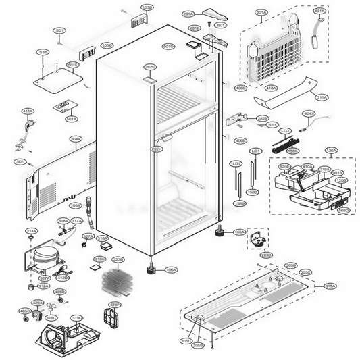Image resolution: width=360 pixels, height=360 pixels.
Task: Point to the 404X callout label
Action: pos(309,113)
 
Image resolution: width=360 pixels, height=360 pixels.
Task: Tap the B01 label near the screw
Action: pos(220,24)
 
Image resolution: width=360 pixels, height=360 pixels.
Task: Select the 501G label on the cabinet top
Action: pos(168,46)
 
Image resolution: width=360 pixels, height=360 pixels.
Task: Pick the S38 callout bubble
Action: pos(43,52)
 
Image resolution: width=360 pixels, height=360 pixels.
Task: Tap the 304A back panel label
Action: pos(76,139)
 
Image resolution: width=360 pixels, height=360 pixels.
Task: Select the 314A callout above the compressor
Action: pos(31,231)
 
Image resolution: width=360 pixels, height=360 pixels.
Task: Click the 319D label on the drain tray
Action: pos(77,317)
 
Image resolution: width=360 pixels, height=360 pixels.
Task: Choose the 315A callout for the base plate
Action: pos(330,286)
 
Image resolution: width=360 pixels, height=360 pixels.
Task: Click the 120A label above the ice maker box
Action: pos(331,151)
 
